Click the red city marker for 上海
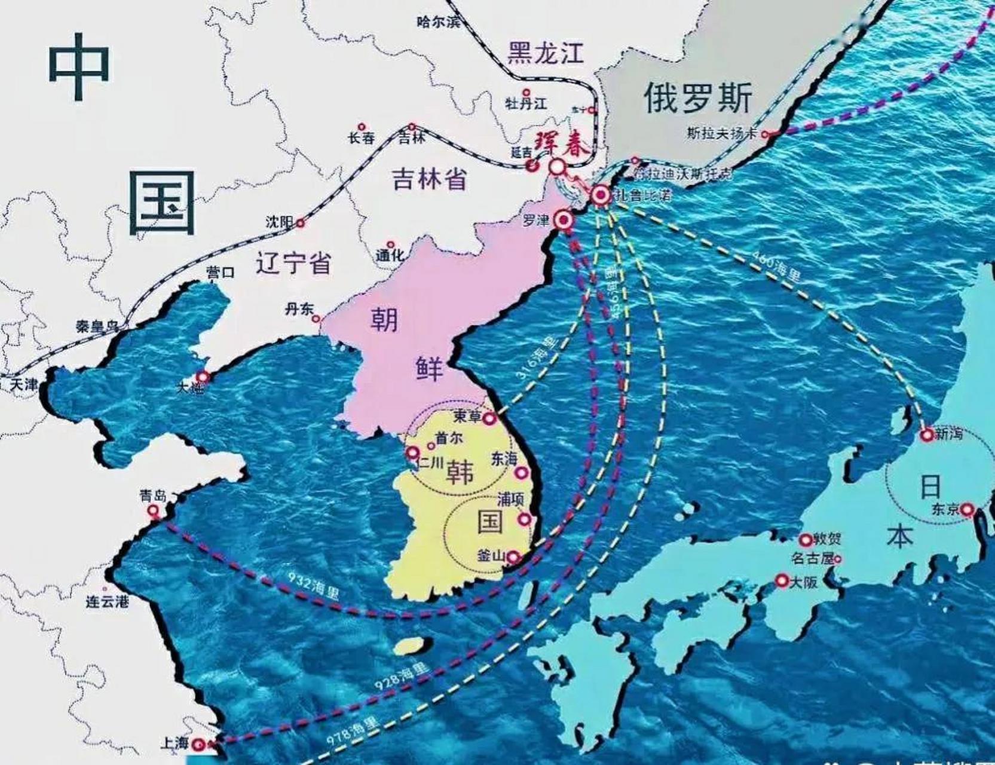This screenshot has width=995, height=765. point(200,745)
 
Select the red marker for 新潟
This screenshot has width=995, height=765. point(927,435)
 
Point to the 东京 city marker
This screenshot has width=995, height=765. point(967,510)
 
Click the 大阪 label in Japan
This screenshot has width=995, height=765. point(803,582)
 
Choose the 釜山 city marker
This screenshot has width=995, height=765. point(513,558)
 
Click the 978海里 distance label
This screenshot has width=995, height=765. point(353,730)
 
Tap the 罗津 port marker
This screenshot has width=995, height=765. point(563,221)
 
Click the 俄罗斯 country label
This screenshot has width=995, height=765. point(698,98)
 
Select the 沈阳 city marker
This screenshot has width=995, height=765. point(301,224)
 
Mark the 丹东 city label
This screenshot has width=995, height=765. point(298,310)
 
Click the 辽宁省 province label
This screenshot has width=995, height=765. point(293,262)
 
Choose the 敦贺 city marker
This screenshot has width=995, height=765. point(806,540)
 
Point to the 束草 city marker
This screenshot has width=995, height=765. point(489,418)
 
